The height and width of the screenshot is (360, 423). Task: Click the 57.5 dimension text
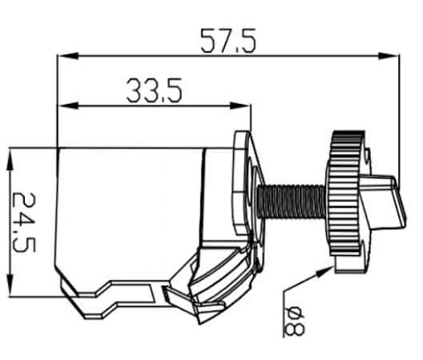[x=228, y=40]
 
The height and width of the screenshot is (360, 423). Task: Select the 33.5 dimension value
[x=154, y=90]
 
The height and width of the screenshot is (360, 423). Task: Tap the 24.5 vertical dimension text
[x=24, y=223]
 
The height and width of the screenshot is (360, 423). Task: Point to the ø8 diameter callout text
[x=295, y=322]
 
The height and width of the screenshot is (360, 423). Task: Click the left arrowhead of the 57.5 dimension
[x=68, y=56]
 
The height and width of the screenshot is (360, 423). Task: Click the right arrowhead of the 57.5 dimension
[x=388, y=56]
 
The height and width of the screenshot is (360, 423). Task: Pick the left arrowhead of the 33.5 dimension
[x=68, y=106]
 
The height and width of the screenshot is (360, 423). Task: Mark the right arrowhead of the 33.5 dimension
[x=240, y=106]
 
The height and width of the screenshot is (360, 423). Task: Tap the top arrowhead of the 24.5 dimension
[x=10, y=159]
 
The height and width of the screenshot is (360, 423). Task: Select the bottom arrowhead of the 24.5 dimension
[x=10, y=286]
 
